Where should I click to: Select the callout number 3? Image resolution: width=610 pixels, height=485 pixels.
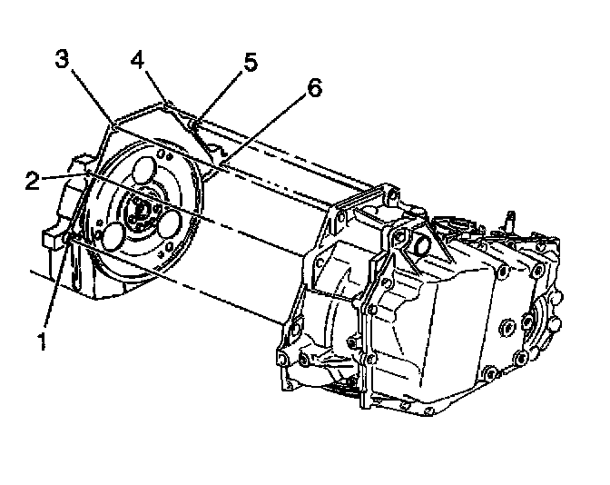[x=62, y=61]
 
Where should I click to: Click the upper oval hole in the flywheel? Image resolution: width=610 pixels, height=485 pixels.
[x=142, y=173]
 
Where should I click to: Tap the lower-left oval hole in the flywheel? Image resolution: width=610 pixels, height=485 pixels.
[x=113, y=235]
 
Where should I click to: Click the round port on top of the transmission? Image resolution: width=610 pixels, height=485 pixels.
[x=422, y=245]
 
